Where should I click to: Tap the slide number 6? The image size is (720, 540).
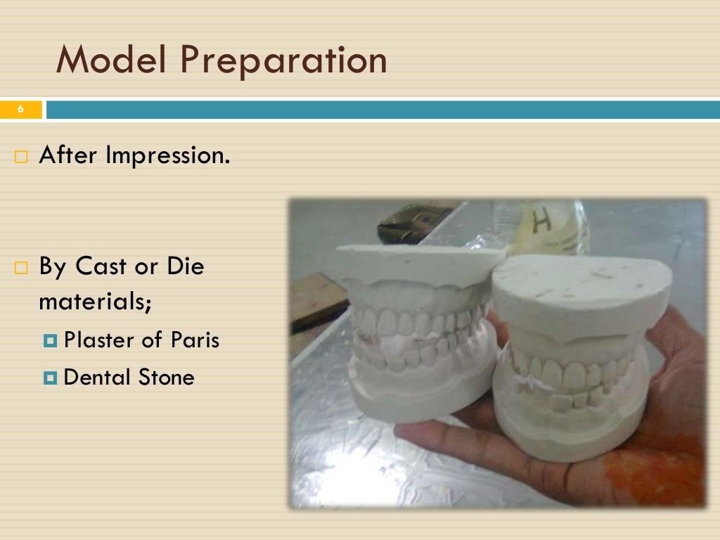[20, 110]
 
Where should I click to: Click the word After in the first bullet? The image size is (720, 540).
[69, 155]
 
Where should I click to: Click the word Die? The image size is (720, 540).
[184, 267]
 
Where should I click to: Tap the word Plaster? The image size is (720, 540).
[98, 340]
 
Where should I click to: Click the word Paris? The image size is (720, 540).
[195, 340]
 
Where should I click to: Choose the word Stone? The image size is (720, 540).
[166, 378]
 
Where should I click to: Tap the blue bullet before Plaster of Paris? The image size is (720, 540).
[49, 341]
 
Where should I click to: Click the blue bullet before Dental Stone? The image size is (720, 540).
[49, 378]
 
